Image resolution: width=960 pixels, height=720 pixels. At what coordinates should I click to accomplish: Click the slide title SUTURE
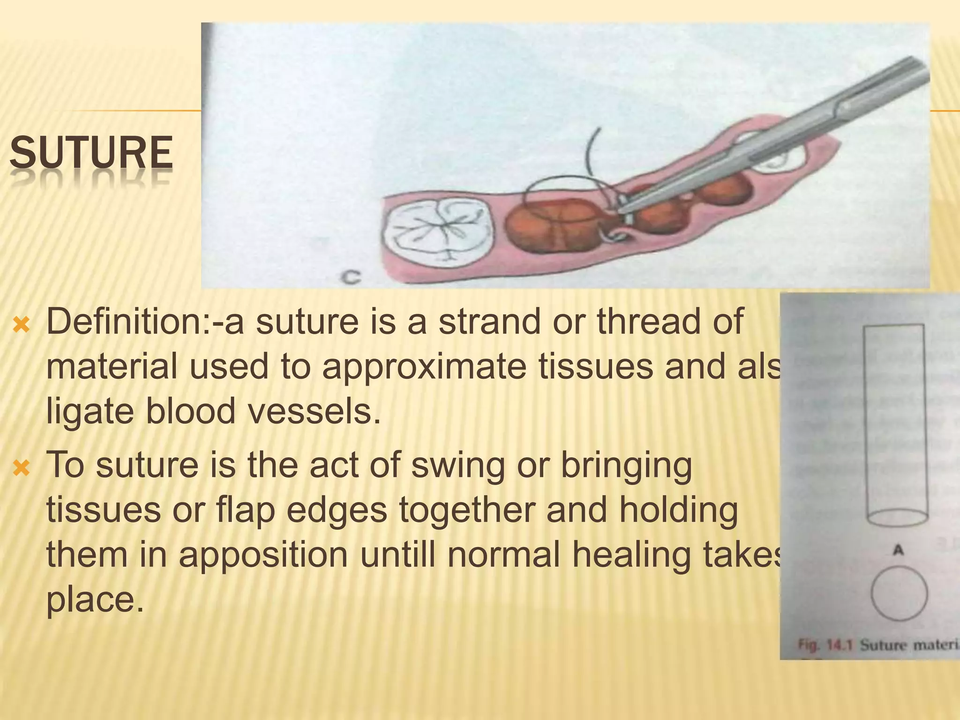coord(91,152)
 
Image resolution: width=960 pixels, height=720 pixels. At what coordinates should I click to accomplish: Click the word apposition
coord(262,555)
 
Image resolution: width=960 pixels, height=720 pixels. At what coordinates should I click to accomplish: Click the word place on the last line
coord(94,599)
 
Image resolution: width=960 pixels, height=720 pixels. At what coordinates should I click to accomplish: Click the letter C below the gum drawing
coord(351,277)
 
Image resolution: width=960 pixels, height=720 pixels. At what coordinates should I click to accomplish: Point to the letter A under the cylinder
coord(898,550)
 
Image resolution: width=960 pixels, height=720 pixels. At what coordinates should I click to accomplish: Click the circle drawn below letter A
coord(899,593)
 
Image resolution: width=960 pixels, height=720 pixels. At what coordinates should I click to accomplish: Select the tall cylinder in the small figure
coord(895,422)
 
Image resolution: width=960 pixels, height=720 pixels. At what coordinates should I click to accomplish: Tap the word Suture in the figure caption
coord(882,645)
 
